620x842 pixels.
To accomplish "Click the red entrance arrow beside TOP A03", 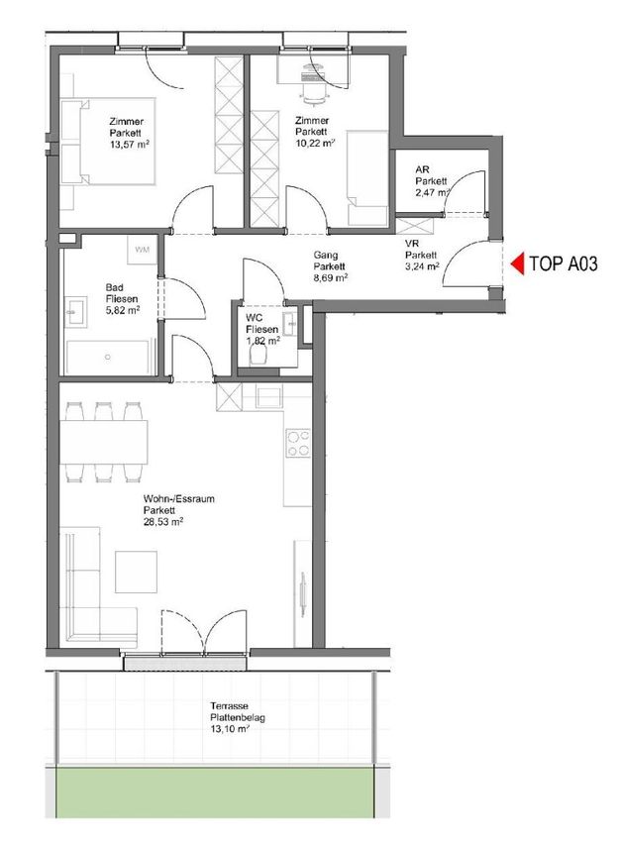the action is (517, 264).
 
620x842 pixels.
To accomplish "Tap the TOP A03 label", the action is (564, 264).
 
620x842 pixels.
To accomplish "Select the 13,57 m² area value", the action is (130, 145).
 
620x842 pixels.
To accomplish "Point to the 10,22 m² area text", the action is (315, 144).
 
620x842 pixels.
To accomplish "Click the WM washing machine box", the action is (142, 250).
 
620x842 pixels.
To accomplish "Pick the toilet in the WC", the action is (258, 355).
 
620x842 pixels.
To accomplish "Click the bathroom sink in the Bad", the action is (75, 312).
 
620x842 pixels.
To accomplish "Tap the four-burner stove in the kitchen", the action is (298, 443).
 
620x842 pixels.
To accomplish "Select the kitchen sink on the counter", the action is (268, 397).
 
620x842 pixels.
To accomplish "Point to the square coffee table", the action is (137, 572).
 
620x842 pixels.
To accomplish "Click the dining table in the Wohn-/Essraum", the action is (104, 442).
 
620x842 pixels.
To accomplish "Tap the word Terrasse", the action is (229, 706).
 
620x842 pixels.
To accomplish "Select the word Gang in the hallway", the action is (326, 255).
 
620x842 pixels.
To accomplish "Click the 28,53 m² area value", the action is (163, 521).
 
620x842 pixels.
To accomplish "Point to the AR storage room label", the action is (422, 169).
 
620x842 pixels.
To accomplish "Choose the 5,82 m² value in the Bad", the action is (123, 310).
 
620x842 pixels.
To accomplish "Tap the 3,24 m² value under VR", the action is (423, 265).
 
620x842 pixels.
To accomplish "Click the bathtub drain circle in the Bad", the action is (108, 357).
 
